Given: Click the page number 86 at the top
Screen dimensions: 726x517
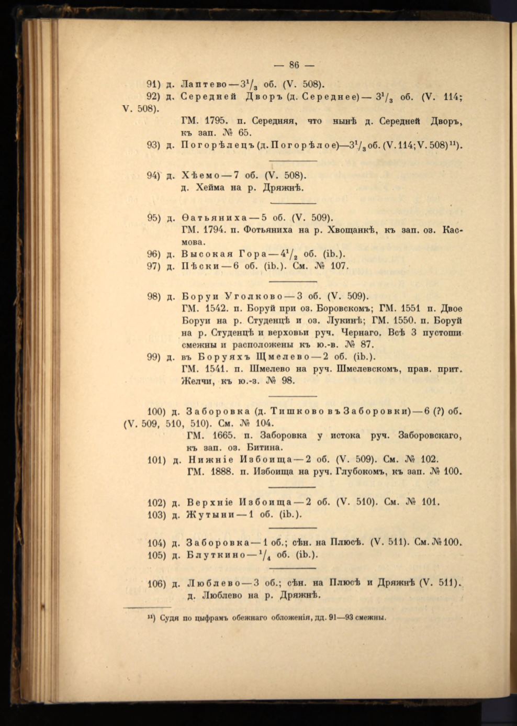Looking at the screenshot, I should [294, 65].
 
